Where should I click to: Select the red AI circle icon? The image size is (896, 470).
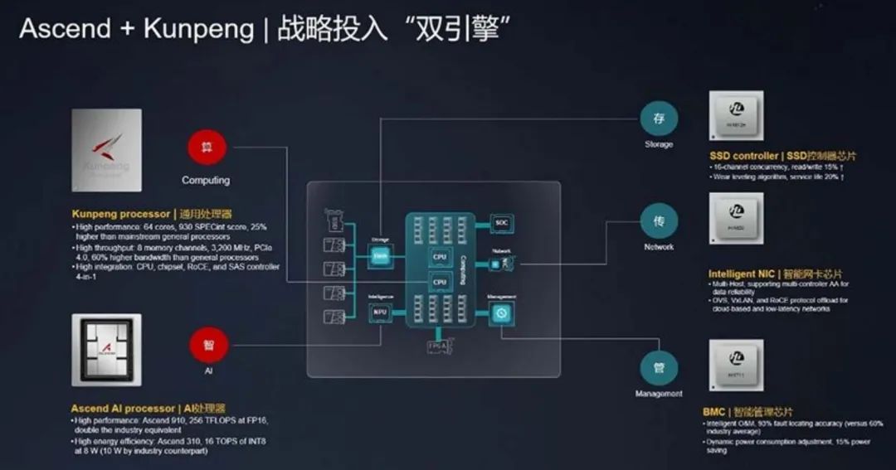point(208,344)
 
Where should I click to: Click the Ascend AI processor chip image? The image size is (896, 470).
point(106,349)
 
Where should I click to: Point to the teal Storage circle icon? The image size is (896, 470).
point(659,119)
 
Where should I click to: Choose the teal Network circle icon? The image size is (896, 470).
point(659,222)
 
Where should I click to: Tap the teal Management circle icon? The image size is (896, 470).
point(659,367)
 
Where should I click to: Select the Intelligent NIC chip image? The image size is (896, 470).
point(736,219)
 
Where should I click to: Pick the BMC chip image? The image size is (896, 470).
point(736,361)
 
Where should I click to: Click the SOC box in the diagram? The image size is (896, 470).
point(501,222)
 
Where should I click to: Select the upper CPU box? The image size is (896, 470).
point(440,258)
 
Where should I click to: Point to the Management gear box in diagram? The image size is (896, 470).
point(501,313)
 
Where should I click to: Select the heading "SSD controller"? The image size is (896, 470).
point(744,156)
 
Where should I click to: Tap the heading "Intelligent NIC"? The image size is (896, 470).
point(743,274)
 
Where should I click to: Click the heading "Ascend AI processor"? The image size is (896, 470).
point(124,409)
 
